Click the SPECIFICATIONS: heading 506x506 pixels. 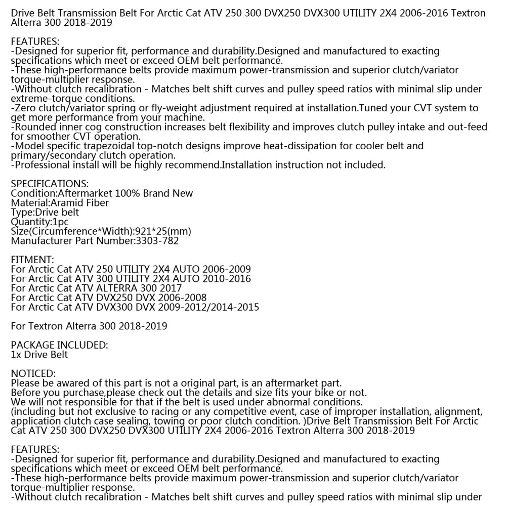[50, 184]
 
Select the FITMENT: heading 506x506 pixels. [32, 260]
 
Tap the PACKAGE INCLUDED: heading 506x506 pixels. [59, 345]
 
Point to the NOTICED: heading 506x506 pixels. [33, 373]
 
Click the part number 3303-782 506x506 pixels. [157, 241]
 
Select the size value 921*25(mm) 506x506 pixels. [163, 231]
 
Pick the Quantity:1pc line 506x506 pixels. [39, 222]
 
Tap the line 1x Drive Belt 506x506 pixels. [39, 355]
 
